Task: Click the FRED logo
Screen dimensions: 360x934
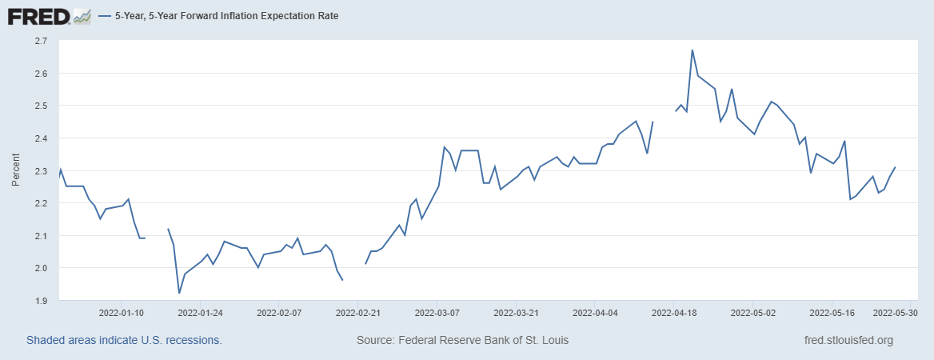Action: [x=39, y=15]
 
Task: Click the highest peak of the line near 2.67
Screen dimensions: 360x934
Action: [x=693, y=50]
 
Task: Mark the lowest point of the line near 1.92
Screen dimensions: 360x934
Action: [x=179, y=294]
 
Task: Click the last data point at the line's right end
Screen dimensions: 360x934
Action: [x=895, y=167]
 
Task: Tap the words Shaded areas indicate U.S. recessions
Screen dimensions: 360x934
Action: [x=124, y=341]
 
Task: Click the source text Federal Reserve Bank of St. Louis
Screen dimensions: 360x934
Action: [x=462, y=341]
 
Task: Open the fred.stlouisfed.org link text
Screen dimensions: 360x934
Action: [x=848, y=341]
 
